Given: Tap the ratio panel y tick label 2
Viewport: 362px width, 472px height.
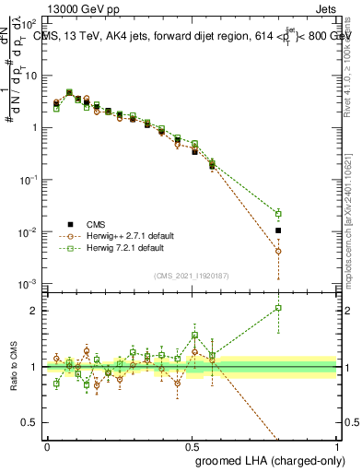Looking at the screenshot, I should pyautogui.click(x=34, y=311).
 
